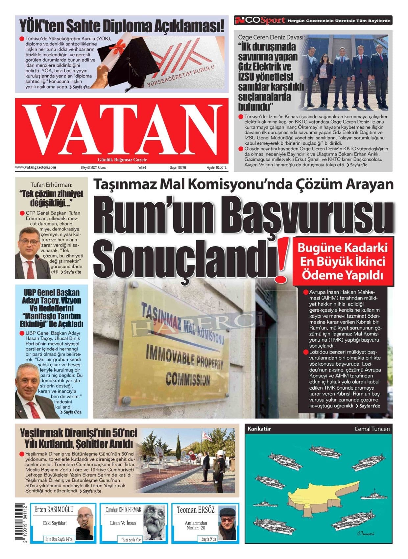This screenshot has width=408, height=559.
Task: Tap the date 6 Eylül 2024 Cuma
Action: coord(94,167)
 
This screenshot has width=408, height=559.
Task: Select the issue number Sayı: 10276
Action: coord(178,167)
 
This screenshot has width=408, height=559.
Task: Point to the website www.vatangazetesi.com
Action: coord(36,167)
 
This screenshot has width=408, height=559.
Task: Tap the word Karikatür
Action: coord(259,429)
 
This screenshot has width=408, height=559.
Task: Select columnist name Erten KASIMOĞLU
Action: coord(54,510)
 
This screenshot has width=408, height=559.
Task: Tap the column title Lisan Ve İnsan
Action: coord(123,523)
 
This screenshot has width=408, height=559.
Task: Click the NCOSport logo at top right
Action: coord(260,20)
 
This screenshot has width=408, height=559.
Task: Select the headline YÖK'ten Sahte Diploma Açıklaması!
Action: coord(122,25)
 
